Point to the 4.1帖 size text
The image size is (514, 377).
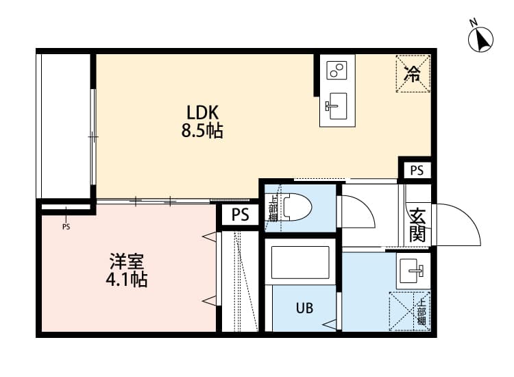pyautogui.click(x=127, y=280)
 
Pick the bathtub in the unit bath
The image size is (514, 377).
pyautogui.click(x=300, y=263)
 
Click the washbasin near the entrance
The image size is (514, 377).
pyautogui.click(x=413, y=271)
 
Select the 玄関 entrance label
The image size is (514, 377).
pyautogui.click(x=417, y=224)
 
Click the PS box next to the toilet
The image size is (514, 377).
pyautogui.click(x=240, y=215)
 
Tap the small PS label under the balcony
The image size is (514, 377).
pyautogui.click(x=66, y=227)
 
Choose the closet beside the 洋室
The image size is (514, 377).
pyautogui.click(x=239, y=281)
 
